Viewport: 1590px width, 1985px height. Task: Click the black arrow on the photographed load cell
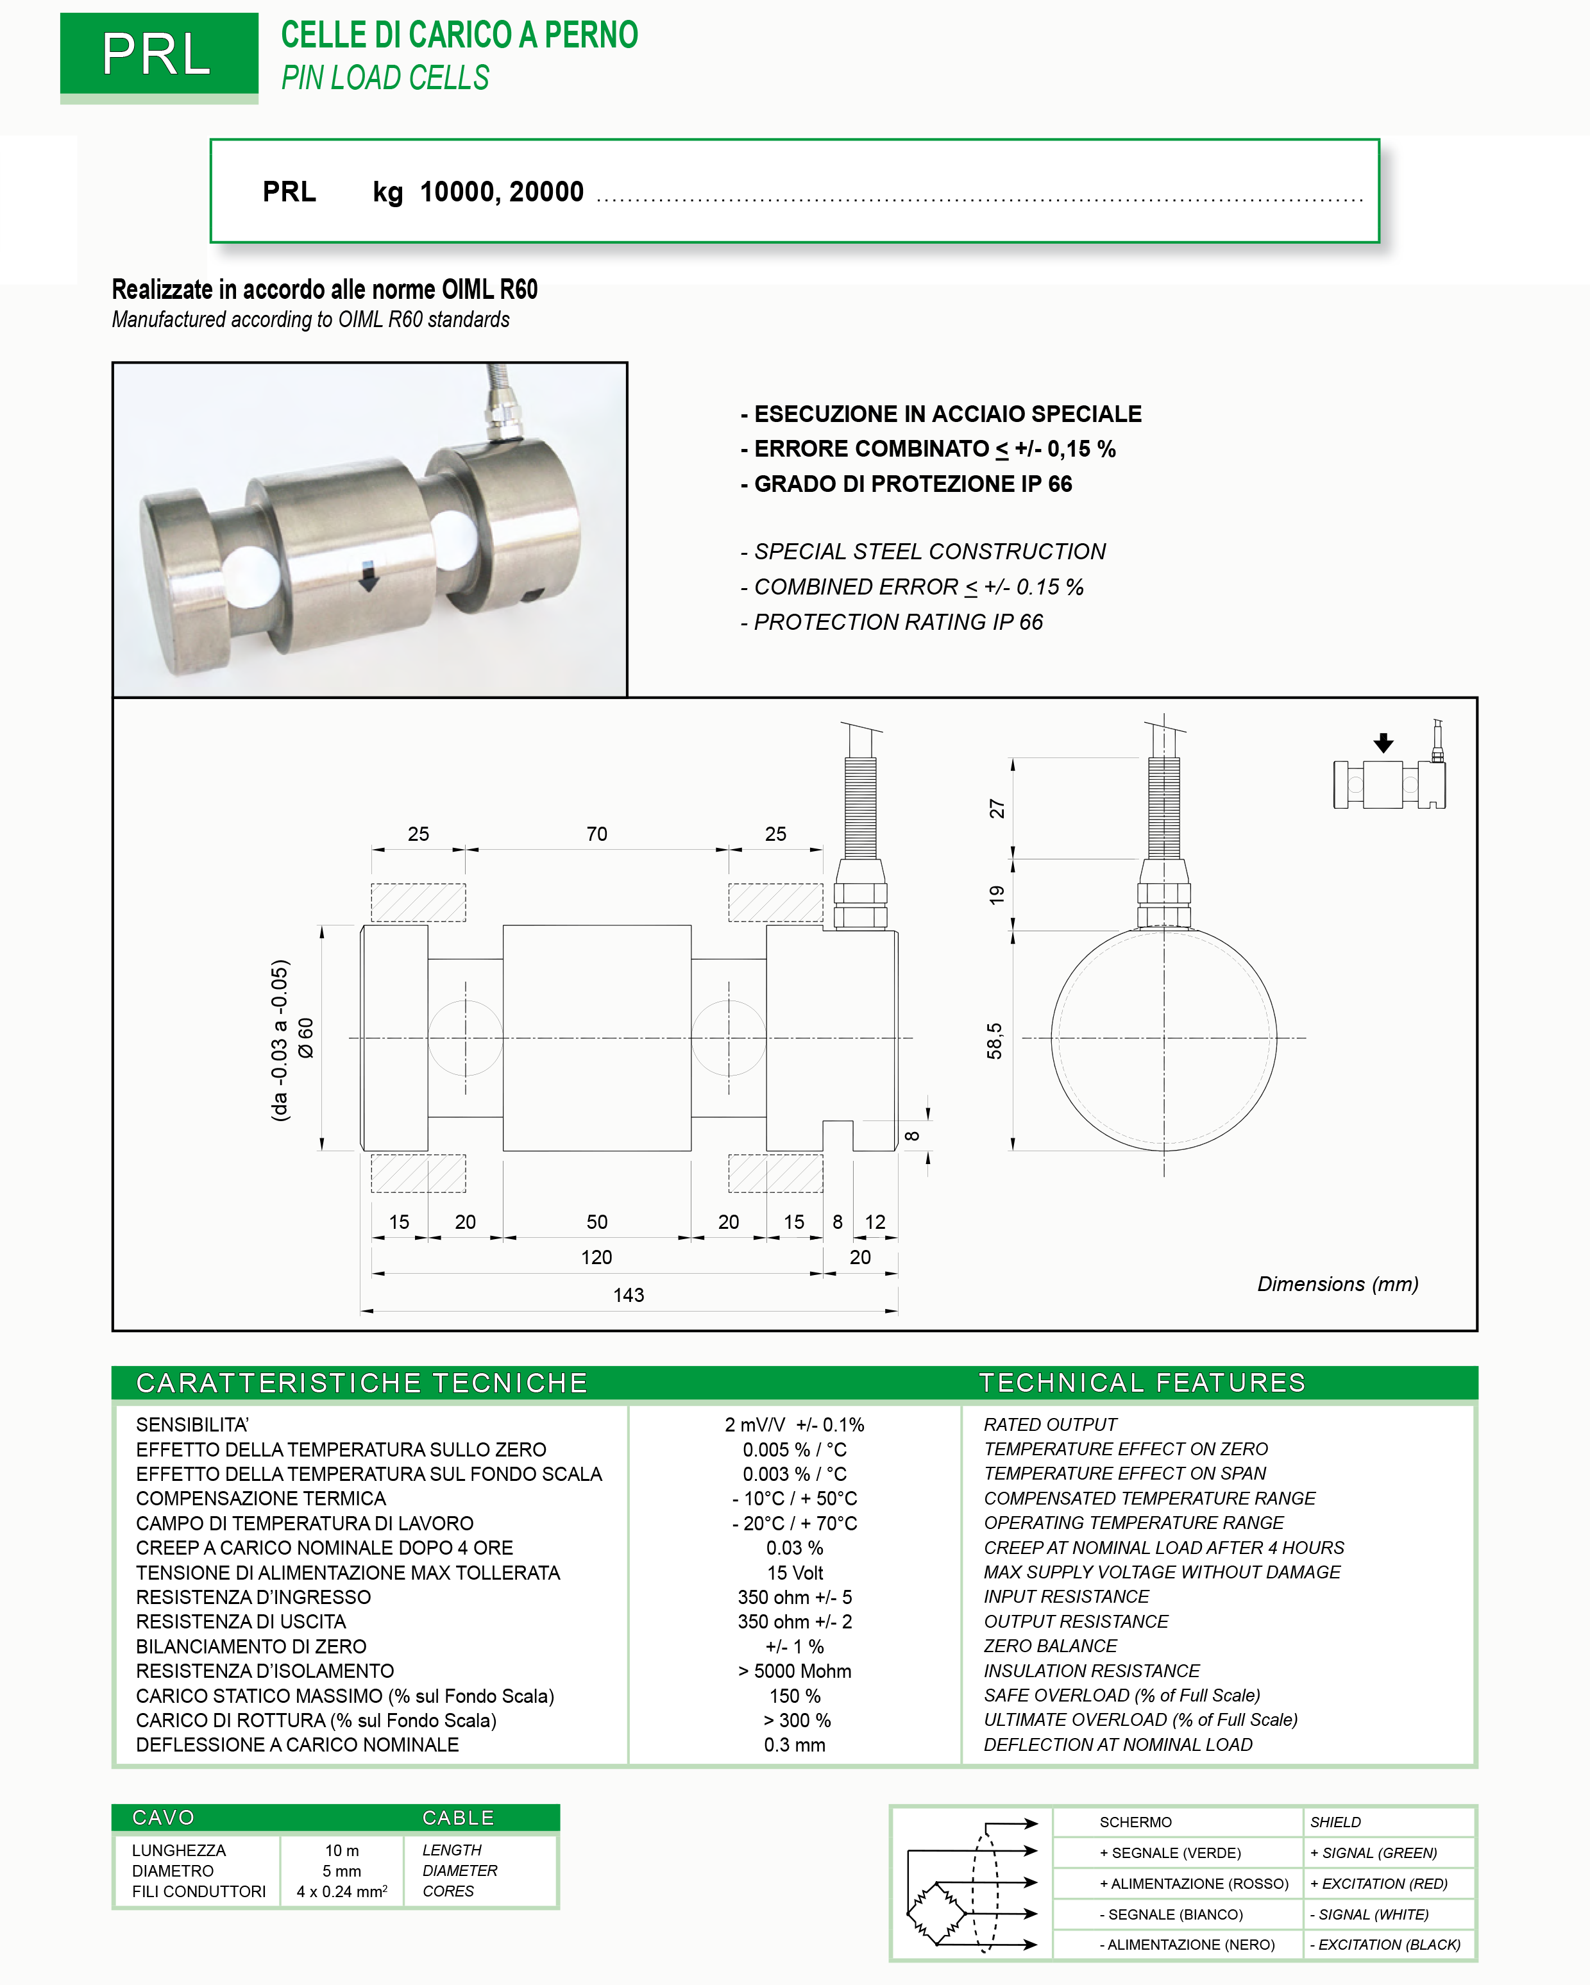368,577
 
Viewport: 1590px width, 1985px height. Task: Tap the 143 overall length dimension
628,1296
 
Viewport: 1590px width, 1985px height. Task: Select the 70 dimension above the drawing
596,834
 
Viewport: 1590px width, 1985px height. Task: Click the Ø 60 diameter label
306,1038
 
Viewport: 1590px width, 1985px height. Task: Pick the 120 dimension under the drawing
596,1258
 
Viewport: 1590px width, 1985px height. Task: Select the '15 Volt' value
795,1573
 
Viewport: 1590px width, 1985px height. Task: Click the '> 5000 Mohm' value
795,1672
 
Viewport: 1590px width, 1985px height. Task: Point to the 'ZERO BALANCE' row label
1051,1646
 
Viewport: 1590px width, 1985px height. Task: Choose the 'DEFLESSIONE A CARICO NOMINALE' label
298,1746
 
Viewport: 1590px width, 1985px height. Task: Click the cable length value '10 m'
342,1850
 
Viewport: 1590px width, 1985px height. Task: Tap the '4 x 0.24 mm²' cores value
342,1892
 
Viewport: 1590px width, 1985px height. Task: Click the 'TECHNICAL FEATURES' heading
1142,1383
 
